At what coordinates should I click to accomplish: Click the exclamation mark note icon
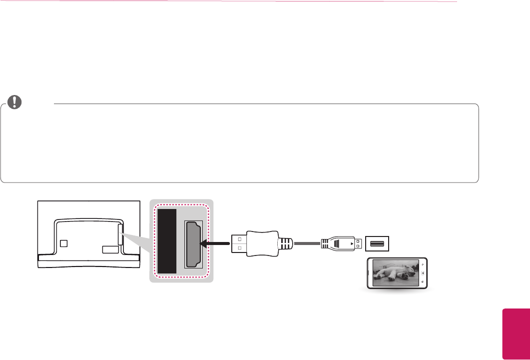pyautogui.click(x=16, y=101)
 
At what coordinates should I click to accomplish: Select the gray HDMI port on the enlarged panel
pyautogui.click(x=193, y=244)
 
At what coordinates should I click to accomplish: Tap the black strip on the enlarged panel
pyautogui.click(x=167, y=241)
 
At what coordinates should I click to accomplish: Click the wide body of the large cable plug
pyautogui.click(x=262, y=243)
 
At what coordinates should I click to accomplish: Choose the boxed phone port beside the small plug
pyautogui.click(x=377, y=243)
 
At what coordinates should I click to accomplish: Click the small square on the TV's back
pyautogui.click(x=63, y=243)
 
